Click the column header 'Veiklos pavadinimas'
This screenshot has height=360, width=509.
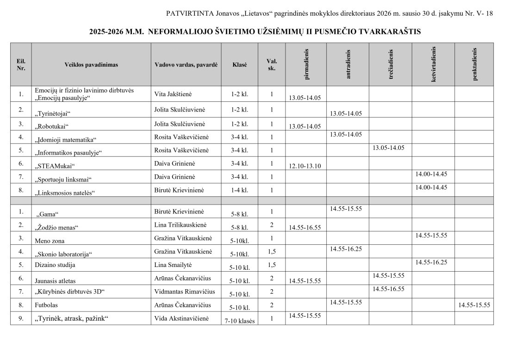pos(91,65)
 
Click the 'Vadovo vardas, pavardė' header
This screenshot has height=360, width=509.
pos(186,65)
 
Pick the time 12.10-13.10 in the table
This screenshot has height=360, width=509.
pos(304,166)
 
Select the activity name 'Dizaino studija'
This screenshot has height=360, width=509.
pos(55,265)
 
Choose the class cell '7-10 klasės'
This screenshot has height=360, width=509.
pos(240,321)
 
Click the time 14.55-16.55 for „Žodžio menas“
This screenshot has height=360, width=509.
pos(304,228)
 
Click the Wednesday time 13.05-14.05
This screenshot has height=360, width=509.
pos(388,148)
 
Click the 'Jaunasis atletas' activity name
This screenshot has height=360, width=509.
pos(55,280)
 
